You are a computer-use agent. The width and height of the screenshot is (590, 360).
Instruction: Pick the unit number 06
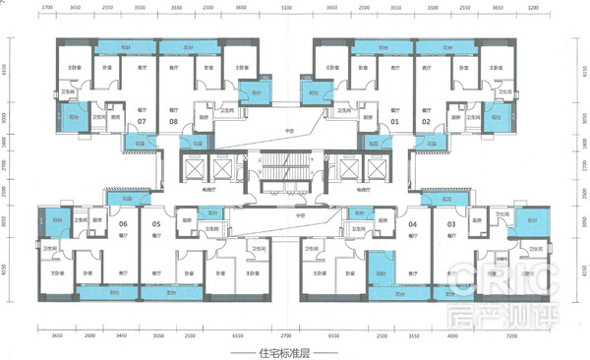tap(124, 224)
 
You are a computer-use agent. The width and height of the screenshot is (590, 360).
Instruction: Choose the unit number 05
tap(156, 224)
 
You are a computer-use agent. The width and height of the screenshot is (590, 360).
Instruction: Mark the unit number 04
tap(412, 224)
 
